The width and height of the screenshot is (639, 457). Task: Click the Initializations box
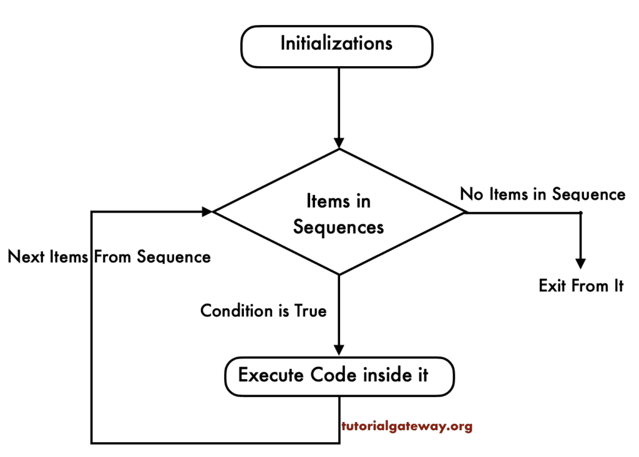tap(336, 45)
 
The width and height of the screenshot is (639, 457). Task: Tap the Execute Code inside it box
tap(339, 376)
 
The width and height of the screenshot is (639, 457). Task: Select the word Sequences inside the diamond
tap(338, 228)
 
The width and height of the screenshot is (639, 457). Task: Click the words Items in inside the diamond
tap(338, 201)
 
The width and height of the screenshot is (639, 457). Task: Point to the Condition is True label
tap(263, 310)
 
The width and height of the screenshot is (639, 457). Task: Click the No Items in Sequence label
tap(542, 195)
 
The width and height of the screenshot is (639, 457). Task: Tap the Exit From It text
tap(581, 286)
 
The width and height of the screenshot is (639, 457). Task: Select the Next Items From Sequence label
tap(109, 257)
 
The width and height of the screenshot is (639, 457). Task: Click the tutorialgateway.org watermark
tap(407, 427)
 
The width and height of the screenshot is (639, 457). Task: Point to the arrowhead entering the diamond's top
tap(339, 142)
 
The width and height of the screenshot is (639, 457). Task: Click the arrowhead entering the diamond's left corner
tap(207, 212)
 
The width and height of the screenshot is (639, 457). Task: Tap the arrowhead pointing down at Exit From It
tap(580, 262)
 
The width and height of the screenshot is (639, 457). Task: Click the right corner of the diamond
tap(465, 212)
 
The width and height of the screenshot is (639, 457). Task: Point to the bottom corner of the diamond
tap(339, 274)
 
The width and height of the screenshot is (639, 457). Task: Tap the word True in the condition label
tap(310, 310)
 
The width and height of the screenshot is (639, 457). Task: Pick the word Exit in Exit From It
tap(552, 286)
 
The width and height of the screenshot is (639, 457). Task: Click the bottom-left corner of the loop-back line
tap(92, 443)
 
